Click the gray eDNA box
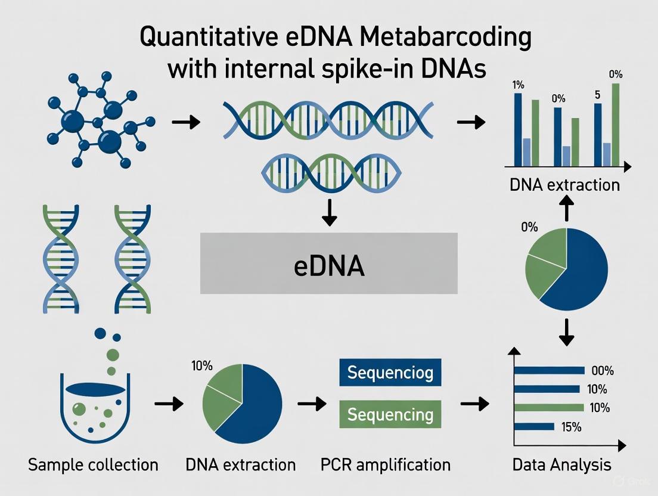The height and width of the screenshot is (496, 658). coord(328,263)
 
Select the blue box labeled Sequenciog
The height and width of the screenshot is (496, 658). coord(390,374)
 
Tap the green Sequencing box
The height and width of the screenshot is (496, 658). coord(390,414)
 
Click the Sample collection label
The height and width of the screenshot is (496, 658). coord(94,464)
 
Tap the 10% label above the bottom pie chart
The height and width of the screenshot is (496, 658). coord(201,349)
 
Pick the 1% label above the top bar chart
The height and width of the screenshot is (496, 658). coord(518,85)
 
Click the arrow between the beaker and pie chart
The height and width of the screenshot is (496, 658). coord(167,404)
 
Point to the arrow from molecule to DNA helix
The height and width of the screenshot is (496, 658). coord(185,122)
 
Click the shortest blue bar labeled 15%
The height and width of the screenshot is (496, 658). coord(535,427)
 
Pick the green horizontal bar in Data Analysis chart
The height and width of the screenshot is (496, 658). coord(548,408)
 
